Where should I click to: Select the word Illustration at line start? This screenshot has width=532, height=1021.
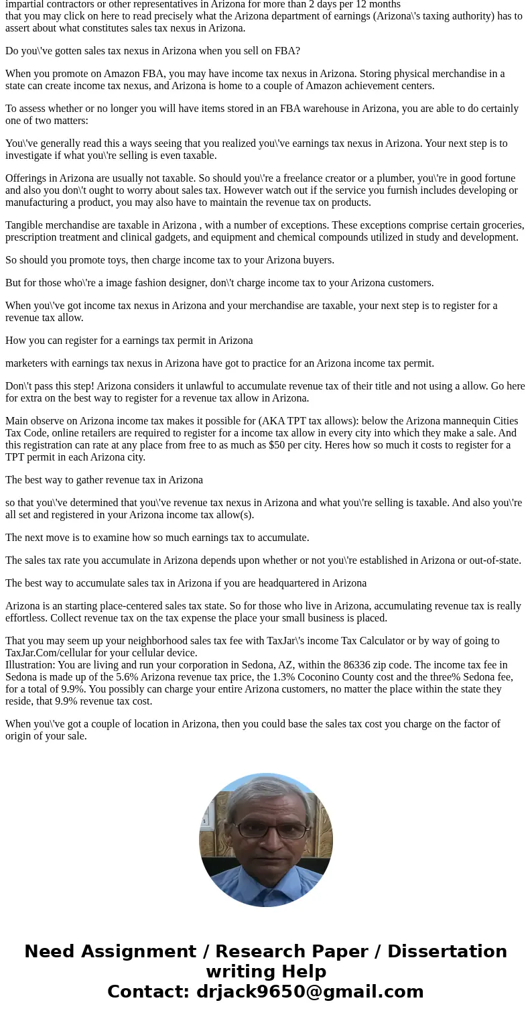[x=30, y=665]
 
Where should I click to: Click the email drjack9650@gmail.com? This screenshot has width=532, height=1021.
[x=310, y=992]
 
